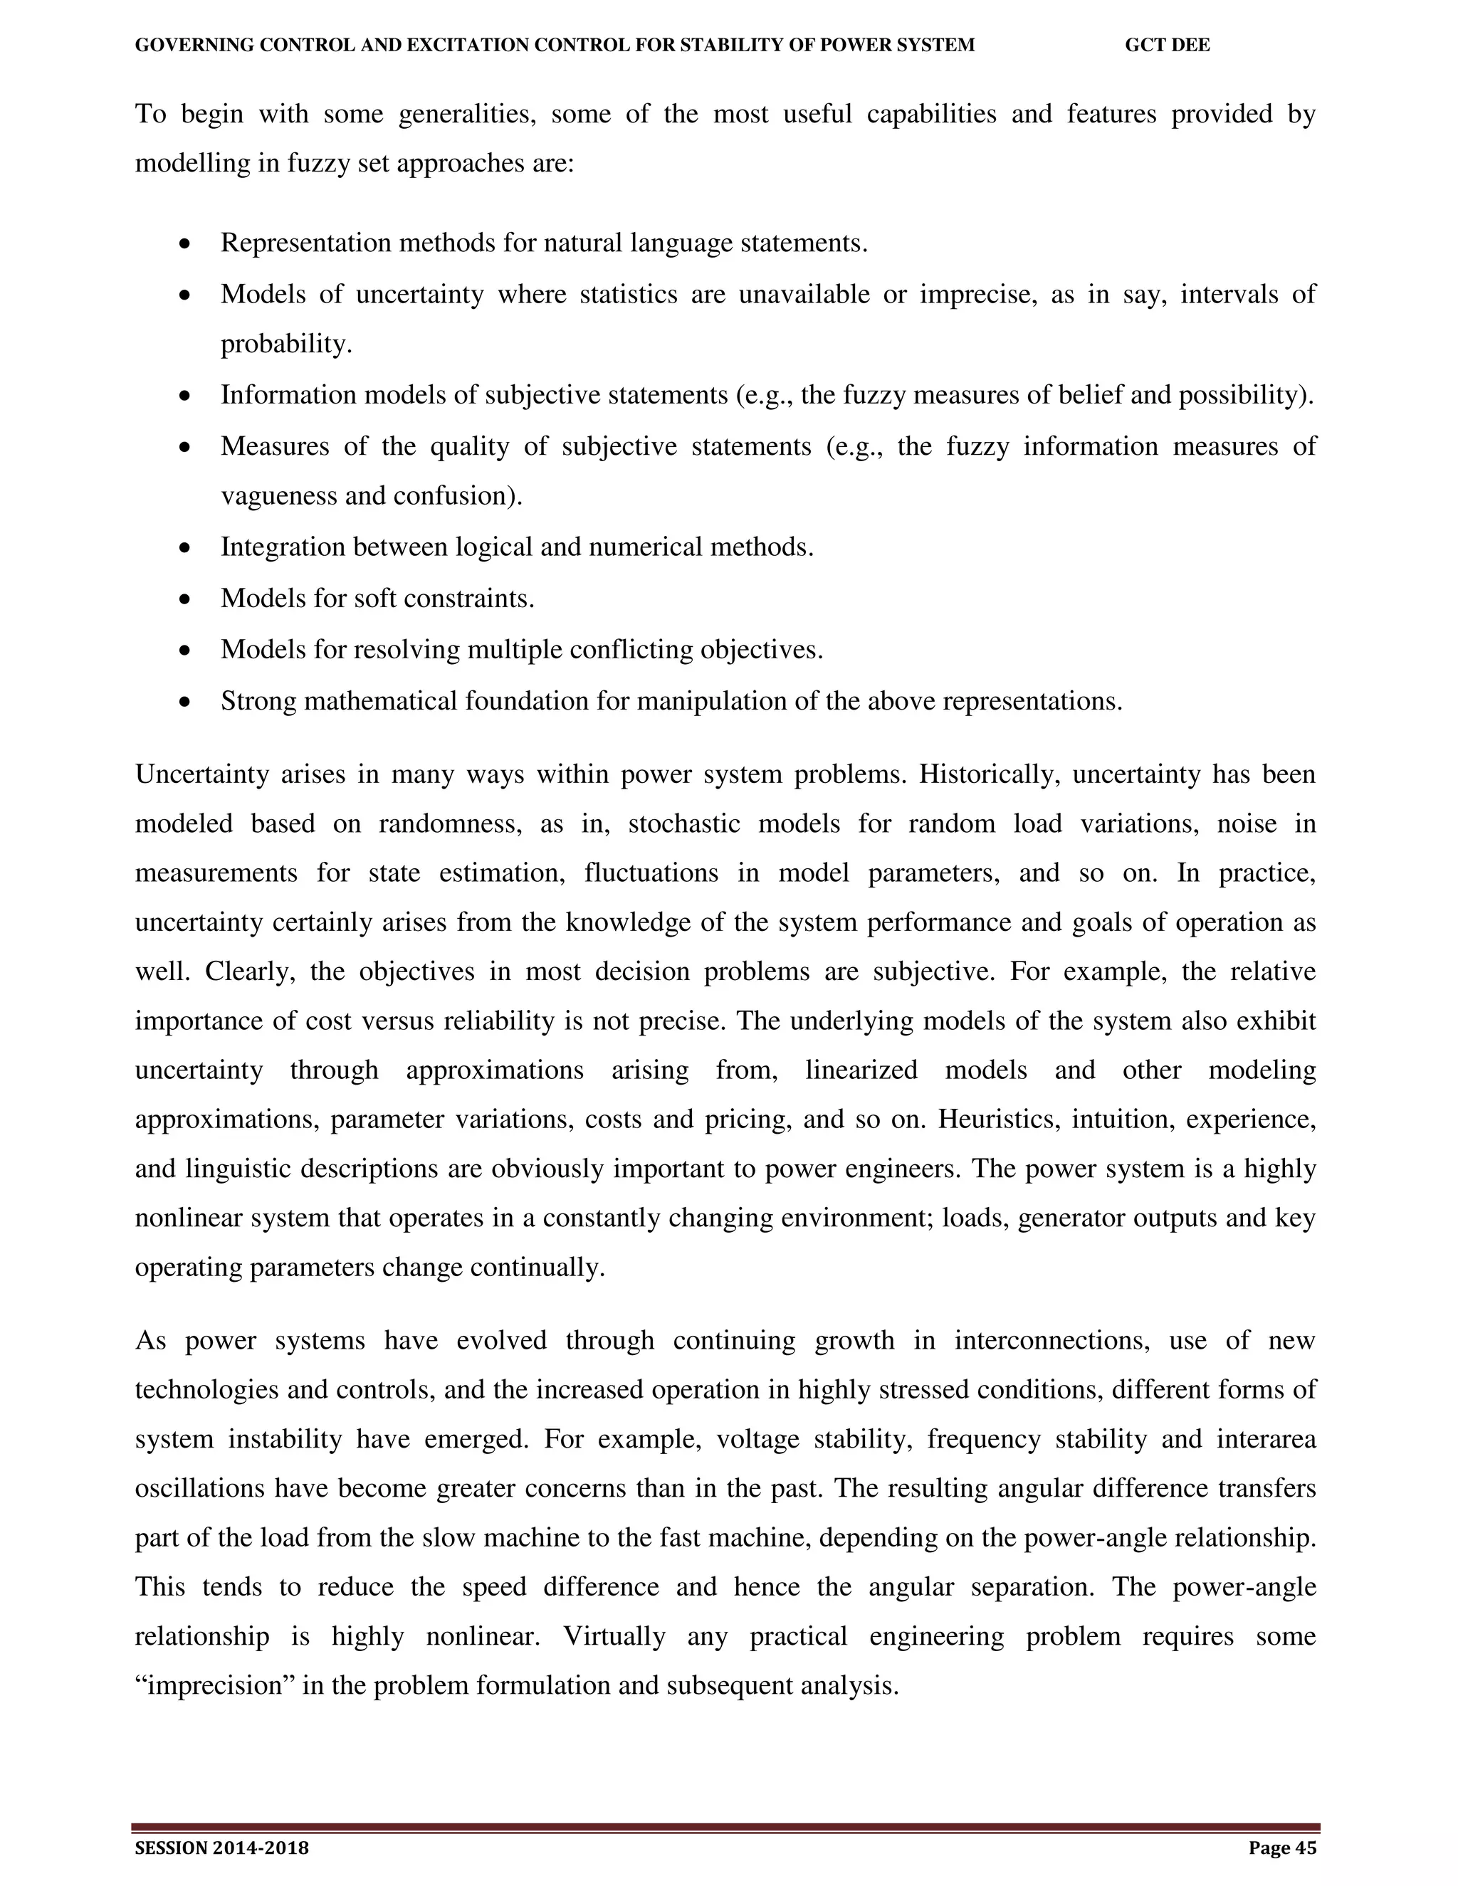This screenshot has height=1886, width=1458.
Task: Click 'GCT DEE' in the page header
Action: click(x=1167, y=46)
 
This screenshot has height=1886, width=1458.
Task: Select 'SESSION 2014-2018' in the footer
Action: click(x=222, y=1847)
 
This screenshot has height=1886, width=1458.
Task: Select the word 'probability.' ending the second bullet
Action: click(x=287, y=344)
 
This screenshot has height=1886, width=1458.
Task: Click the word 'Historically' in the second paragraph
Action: click(x=988, y=774)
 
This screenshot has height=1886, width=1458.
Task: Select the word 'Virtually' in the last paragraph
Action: click(x=614, y=1636)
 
